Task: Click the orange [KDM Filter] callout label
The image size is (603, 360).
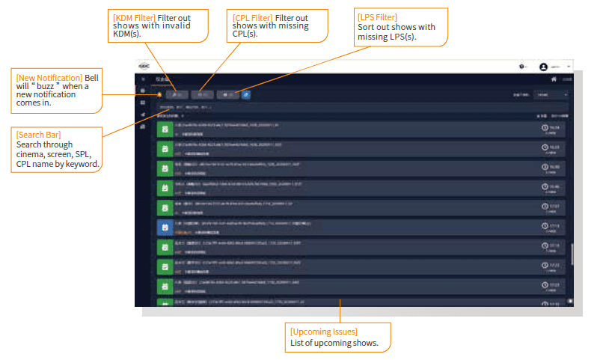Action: point(134,16)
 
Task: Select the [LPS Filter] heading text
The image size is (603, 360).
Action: point(378,16)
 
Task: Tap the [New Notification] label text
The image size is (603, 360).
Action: point(49,78)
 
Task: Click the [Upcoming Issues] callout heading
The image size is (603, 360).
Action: point(324,332)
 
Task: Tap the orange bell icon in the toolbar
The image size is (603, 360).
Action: point(159,94)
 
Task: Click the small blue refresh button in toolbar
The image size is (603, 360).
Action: point(246,94)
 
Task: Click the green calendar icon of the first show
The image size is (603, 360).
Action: point(164,129)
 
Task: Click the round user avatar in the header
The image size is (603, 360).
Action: point(543,67)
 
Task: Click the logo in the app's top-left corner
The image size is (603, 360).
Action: point(144,67)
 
